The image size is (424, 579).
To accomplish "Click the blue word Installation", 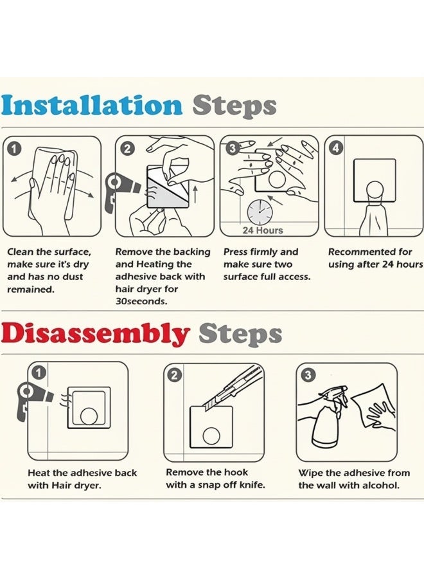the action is [x=91, y=106].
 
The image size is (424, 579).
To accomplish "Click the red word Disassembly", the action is [x=94, y=334].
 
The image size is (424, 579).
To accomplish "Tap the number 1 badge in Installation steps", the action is [x=13, y=149].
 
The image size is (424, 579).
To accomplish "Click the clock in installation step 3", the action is [x=259, y=212].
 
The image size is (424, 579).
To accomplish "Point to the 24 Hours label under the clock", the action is [x=263, y=230].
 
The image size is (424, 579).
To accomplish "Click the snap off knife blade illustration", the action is [x=233, y=388].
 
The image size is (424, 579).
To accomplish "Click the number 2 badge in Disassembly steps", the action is [x=175, y=376].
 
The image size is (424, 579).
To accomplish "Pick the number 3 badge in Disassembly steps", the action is [x=308, y=375].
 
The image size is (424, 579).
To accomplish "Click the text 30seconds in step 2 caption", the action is [x=141, y=302].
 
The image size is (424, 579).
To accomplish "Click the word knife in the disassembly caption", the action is [x=252, y=485].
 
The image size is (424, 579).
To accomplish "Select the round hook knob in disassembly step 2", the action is [x=211, y=436].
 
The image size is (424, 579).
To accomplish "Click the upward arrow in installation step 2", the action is [x=195, y=194].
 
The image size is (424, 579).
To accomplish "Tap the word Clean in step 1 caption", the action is [x=20, y=252].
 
